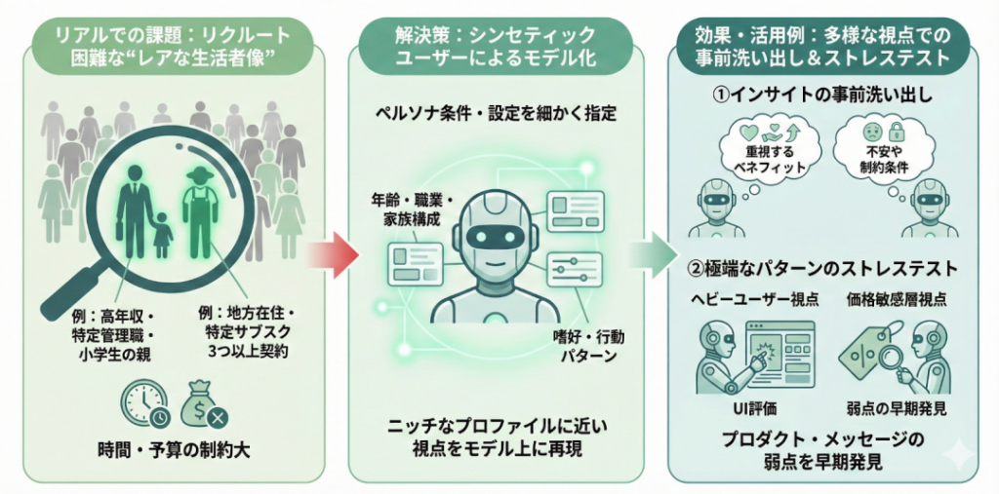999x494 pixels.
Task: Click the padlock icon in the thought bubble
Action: point(897,130)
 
